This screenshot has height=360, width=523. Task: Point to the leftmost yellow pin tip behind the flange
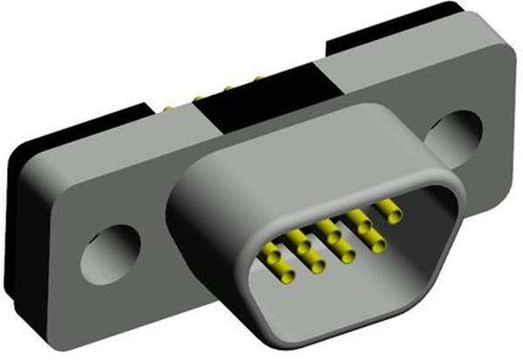tap(168, 109)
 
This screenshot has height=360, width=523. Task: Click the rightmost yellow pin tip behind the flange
tap(258, 80)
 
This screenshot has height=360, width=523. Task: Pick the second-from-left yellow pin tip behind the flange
tap(200, 98)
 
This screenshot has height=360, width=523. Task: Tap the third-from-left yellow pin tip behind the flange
tap(228, 88)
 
